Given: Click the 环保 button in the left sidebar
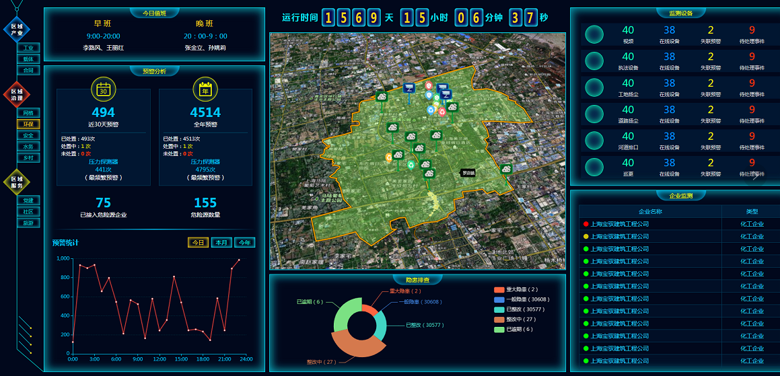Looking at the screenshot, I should [28, 124].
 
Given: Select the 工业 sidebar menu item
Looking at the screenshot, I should [28, 48].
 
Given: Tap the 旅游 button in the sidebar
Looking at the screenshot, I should [28, 223].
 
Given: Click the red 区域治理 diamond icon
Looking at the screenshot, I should [16, 95].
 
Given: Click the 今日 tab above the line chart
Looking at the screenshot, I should [198, 243].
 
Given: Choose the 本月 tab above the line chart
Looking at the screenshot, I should [221, 243].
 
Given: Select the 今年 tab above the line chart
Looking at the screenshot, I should [245, 243].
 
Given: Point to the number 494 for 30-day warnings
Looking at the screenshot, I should [103, 112].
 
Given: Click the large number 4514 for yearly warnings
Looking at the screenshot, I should [205, 112].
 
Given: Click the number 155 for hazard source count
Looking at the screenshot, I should [205, 202].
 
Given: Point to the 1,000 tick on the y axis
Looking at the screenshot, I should [63, 258].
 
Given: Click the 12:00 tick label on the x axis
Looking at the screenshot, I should [159, 359].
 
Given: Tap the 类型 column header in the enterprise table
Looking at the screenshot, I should [752, 211].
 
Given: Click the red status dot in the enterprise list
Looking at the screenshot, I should [586, 224].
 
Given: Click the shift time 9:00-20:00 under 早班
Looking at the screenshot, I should [103, 36].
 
